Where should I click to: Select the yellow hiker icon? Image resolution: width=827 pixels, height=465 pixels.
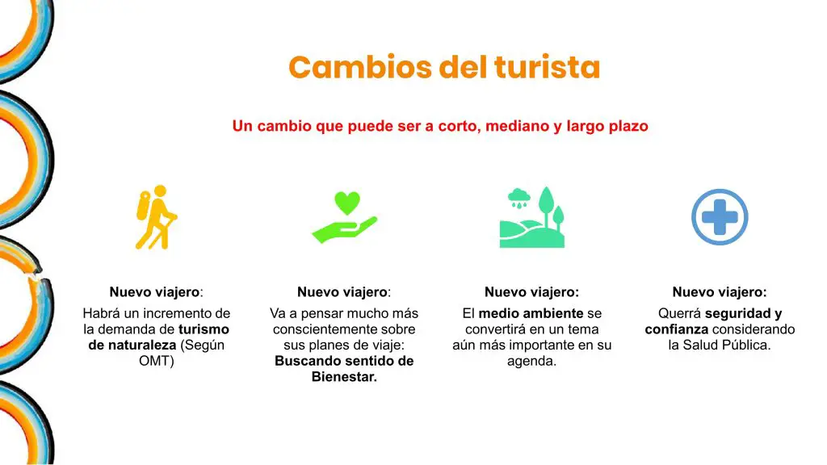[156, 216]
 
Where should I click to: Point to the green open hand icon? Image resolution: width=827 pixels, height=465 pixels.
[344, 230]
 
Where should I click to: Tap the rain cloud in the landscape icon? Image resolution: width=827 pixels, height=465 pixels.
[519, 199]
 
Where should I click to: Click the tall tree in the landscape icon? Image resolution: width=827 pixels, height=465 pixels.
[546, 206]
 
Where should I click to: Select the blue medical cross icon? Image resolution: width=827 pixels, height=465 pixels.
[720, 217]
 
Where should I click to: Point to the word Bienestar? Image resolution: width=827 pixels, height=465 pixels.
[343, 377]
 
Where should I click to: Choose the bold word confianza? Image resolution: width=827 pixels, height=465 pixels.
[676, 329]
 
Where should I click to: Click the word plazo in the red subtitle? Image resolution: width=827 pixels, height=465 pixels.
[628, 127]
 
